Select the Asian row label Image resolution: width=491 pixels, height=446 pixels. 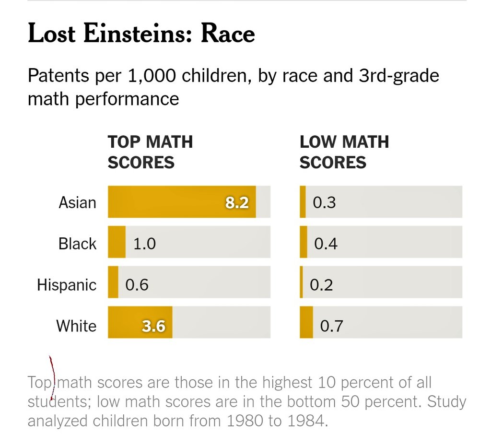tap(77, 202)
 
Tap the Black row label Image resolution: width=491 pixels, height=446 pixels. tap(77, 244)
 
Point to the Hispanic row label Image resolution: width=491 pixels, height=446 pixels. tap(67, 285)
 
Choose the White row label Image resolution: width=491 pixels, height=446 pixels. tap(76, 326)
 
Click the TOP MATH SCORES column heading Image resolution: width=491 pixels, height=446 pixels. tap(150, 152)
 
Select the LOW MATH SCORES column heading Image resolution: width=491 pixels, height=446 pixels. tap(344, 152)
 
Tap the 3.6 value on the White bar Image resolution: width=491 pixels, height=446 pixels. tap(153, 326)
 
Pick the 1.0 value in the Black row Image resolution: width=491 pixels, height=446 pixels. tap(144, 244)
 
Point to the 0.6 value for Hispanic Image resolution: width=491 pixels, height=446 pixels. tap(137, 285)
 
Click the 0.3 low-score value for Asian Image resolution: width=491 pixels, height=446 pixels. tap(324, 202)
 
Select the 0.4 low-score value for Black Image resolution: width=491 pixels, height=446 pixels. tap(326, 244)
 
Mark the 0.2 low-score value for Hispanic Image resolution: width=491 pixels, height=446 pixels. tap(321, 285)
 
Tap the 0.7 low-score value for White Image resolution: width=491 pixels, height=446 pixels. tap(331, 326)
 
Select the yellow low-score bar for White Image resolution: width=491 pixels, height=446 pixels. tap(306, 322)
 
